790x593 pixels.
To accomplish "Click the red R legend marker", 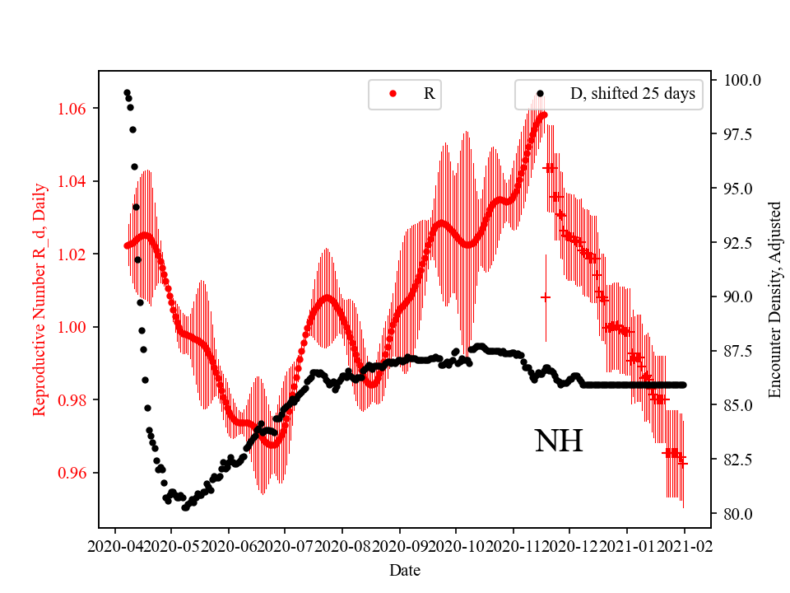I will pos(393,94).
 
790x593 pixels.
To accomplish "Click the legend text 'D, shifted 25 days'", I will pos(632,94).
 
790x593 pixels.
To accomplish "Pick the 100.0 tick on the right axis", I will pos(741,80).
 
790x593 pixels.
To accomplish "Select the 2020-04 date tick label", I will pos(114,545).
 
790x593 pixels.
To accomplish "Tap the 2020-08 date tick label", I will pos(342,545).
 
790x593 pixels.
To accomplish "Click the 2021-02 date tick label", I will pos(684,545).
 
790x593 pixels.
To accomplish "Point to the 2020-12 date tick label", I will pos(569,545).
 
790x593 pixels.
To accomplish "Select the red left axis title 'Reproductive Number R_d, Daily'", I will pos(39,299).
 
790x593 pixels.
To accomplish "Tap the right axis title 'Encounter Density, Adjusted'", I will pos(774,299).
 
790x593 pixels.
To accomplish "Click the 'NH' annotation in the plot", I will pos(559,441).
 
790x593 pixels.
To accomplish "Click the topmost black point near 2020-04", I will pos(127,92).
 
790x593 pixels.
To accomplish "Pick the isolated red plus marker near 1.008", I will pos(545,296).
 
